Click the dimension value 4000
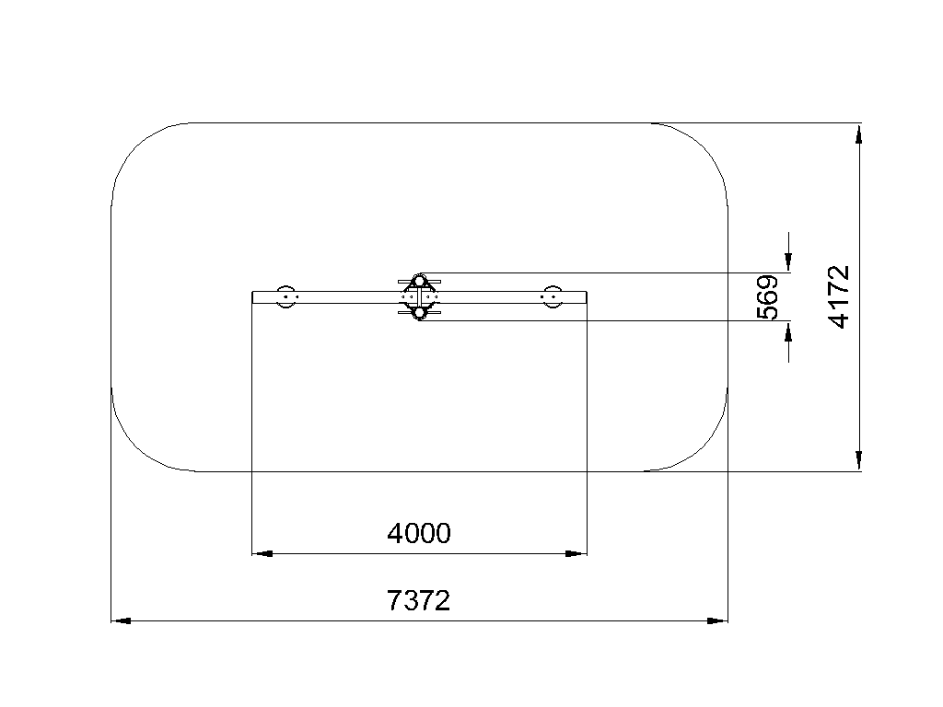[x=419, y=533]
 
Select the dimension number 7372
[x=419, y=600]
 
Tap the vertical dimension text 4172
[x=840, y=297]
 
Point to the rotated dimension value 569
[x=767, y=297]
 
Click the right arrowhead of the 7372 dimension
[x=717, y=620]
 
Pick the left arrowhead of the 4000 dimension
[x=262, y=553]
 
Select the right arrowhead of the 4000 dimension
[x=576, y=553]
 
